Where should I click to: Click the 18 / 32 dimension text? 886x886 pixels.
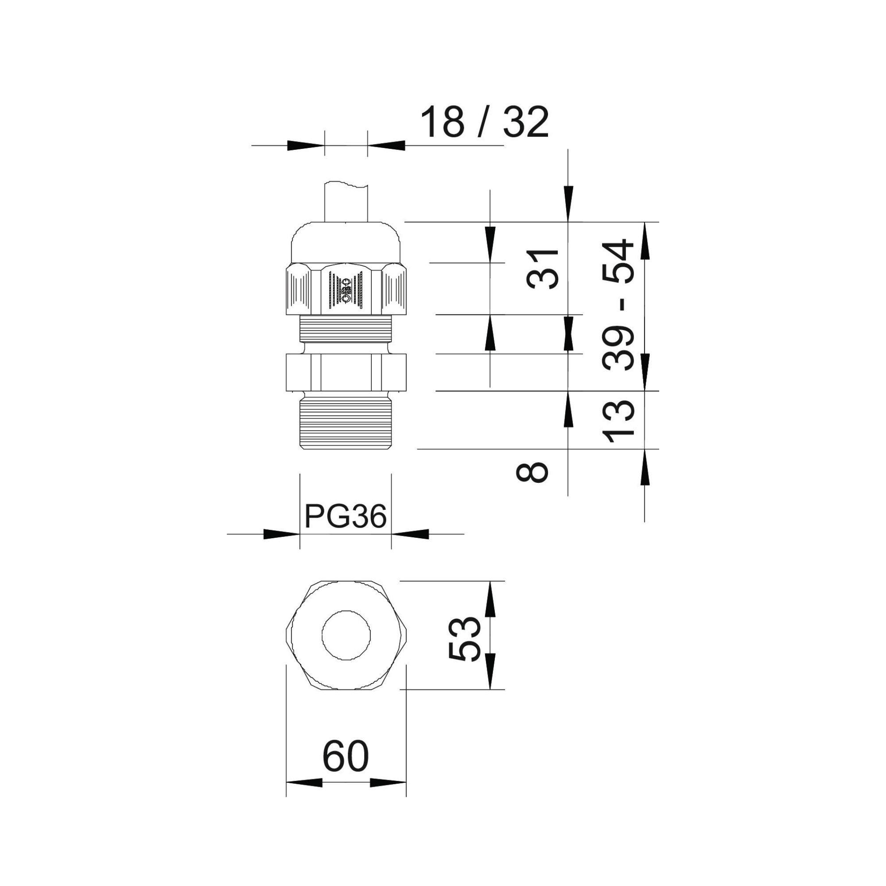[x=484, y=122]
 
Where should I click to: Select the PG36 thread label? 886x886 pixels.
[x=346, y=517]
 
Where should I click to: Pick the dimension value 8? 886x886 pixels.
[x=532, y=472]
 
